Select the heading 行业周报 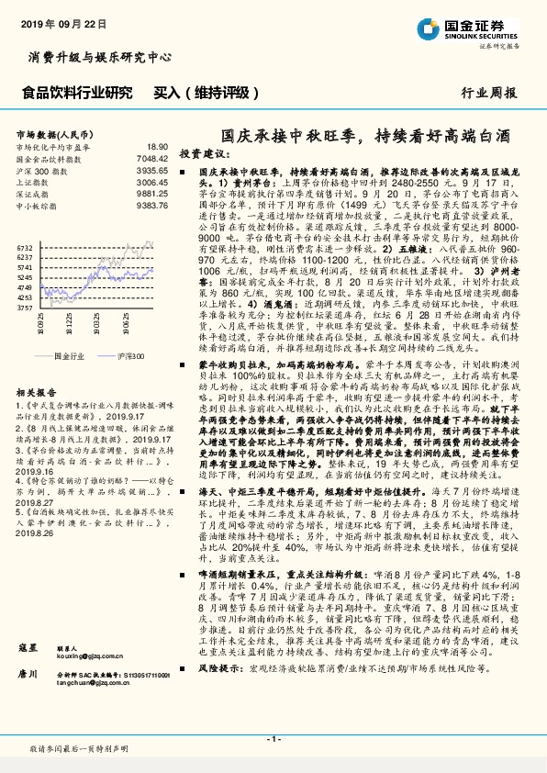point(489,93)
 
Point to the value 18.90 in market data point(157,147)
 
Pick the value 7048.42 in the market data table point(152,158)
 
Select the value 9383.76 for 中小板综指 point(152,206)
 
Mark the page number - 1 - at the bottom point(273,739)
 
